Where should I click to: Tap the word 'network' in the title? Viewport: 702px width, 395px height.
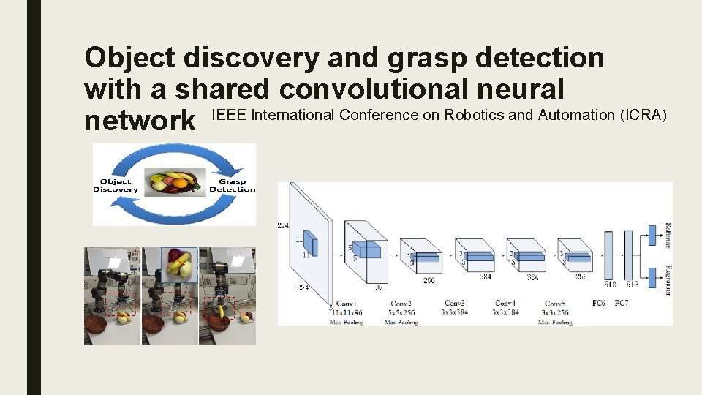tap(140, 121)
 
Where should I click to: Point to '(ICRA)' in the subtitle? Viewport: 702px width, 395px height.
tap(641, 114)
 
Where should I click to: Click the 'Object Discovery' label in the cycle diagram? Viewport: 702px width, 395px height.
tap(116, 185)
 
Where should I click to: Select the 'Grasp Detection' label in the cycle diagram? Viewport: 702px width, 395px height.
tap(232, 185)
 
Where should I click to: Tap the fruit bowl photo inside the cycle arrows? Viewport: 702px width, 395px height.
tap(174, 182)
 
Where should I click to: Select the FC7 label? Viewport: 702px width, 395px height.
tap(622, 302)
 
